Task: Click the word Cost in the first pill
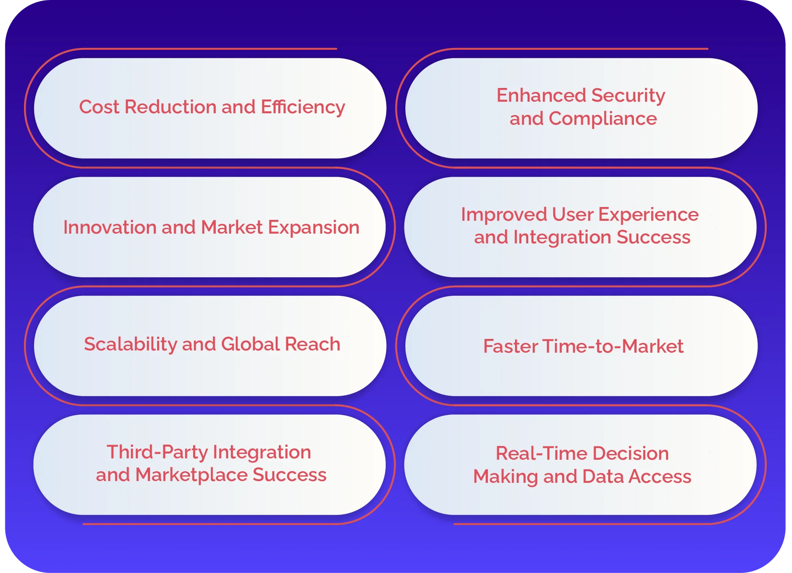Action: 99,107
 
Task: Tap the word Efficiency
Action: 303,107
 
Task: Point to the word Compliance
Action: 602,119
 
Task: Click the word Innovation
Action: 110,227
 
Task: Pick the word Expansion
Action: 313,227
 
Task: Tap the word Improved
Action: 503,215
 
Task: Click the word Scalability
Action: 130,344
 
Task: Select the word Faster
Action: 510,346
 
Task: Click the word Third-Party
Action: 157,452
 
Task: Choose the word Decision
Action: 630,454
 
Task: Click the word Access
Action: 660,477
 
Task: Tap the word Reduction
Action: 170,107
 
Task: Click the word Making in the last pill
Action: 505,477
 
